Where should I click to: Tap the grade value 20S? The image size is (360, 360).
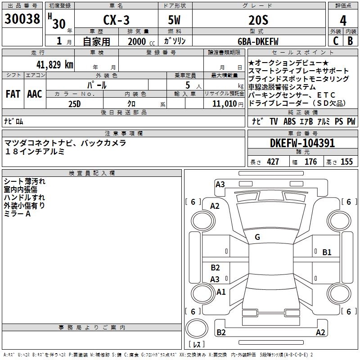(258, 21)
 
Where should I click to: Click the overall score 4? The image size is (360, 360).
(343, 21)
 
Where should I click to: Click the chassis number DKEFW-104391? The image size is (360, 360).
(302, 143)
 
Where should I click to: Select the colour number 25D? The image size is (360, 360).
(74, 103)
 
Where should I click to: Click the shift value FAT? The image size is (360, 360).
(13, 94)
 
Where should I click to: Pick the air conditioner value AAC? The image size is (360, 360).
(35, 94)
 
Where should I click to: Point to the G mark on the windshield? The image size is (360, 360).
(257, 237)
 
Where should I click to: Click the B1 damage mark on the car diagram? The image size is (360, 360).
(327, 252)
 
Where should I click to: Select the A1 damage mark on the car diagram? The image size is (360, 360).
(221, 292)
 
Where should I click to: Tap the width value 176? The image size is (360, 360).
(310, 162)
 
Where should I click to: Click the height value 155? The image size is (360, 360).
(346, 162)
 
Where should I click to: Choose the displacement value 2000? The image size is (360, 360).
(137, 41)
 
